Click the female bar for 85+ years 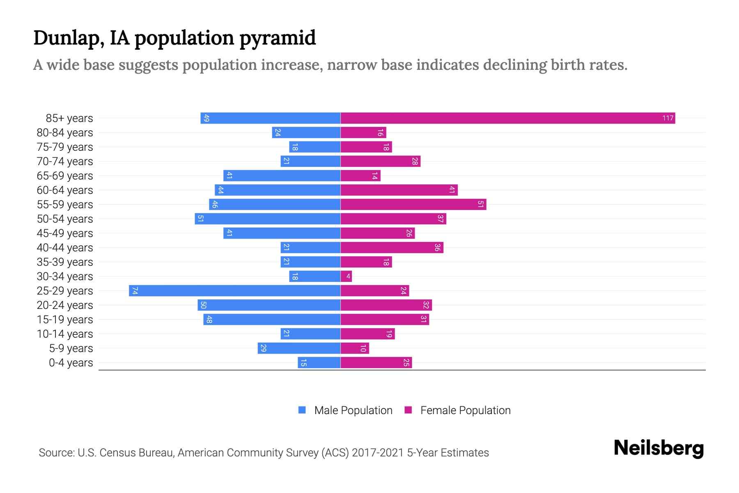508,118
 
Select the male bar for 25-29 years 235,291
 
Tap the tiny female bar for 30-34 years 346,276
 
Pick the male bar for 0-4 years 319,363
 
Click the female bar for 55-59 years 413,205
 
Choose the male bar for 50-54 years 268,219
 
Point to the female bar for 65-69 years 360,176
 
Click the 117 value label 668,118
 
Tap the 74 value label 135,291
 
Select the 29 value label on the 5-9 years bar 264,348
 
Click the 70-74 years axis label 65,161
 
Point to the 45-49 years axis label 65,233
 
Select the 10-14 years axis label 65,334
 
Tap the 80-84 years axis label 65,133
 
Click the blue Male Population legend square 302,410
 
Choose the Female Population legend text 465,410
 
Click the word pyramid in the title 278,38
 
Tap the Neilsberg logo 659,448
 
